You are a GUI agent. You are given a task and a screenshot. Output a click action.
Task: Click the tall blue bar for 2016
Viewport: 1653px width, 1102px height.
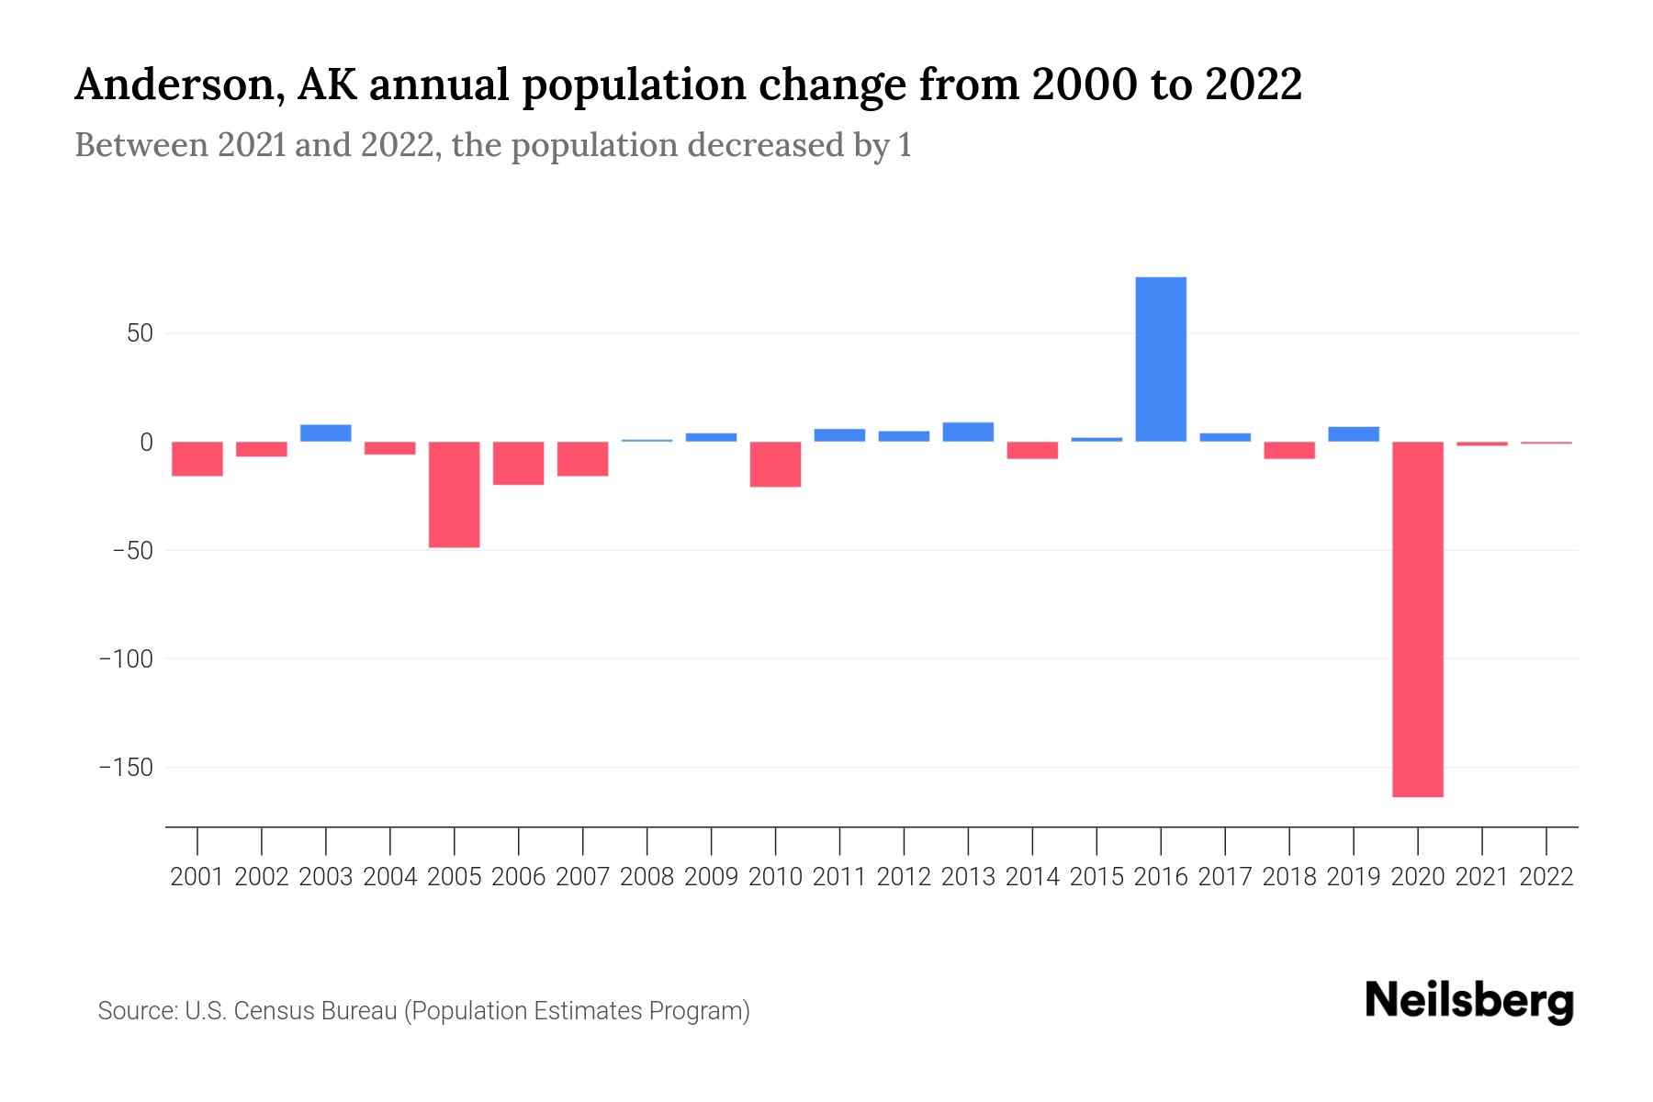click(1161, 360)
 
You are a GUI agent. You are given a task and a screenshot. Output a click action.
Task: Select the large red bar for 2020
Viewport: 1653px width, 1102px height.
click(1418, 619)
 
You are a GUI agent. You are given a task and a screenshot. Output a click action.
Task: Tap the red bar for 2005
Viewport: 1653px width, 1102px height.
click(455, 494)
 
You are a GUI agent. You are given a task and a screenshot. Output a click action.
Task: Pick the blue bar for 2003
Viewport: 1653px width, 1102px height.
click(326, 433)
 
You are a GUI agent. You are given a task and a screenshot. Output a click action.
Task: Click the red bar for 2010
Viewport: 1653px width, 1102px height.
click(775, 464)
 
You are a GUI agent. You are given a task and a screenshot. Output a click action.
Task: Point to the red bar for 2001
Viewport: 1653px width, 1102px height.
click(197, 458)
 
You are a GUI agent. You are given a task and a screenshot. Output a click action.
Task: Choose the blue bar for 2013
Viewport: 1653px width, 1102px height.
click(968, 432)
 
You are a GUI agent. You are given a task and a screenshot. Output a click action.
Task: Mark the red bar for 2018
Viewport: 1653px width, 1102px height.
click(1289, 450)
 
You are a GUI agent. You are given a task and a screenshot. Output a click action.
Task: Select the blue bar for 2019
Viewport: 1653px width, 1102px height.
click(1354, 433)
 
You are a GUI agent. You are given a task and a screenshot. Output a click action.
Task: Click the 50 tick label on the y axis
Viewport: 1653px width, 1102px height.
click(140, 333)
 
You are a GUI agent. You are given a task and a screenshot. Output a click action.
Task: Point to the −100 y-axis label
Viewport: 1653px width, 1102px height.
click(126, 659)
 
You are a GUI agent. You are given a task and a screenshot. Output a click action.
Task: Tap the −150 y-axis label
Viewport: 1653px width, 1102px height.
click(126, 768)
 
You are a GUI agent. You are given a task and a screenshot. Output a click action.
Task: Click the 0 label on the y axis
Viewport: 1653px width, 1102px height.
click(146, 443)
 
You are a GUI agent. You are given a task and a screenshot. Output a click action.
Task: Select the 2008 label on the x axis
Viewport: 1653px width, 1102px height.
click(647, 877)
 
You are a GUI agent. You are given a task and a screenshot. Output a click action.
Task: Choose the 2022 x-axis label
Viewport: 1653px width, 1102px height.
click(1546, 877)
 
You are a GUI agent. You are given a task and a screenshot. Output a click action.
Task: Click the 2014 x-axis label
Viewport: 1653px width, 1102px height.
click(1032, 877)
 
